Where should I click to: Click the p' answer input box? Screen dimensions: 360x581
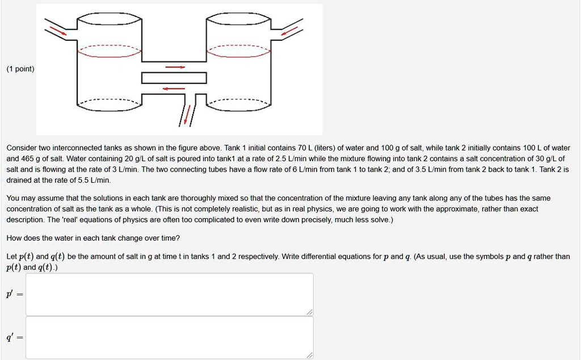point(169,294)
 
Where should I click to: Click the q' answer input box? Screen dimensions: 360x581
point(169,337)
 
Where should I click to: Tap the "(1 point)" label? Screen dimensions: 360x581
point(20,69)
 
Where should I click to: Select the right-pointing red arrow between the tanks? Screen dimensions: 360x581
point(175,68)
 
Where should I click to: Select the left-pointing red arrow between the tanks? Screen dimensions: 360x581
point(174,89)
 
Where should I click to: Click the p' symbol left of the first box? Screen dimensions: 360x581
point(10,295)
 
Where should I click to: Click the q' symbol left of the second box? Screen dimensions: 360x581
point(10,337)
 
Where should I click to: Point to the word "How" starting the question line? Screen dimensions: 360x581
point(13,238)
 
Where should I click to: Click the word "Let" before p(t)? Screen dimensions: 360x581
point(11,256)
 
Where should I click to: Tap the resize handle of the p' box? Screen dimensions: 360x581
point(309,312)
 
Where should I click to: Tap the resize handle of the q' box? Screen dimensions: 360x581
point(309,355)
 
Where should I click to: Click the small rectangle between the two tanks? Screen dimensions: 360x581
point(174,78)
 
